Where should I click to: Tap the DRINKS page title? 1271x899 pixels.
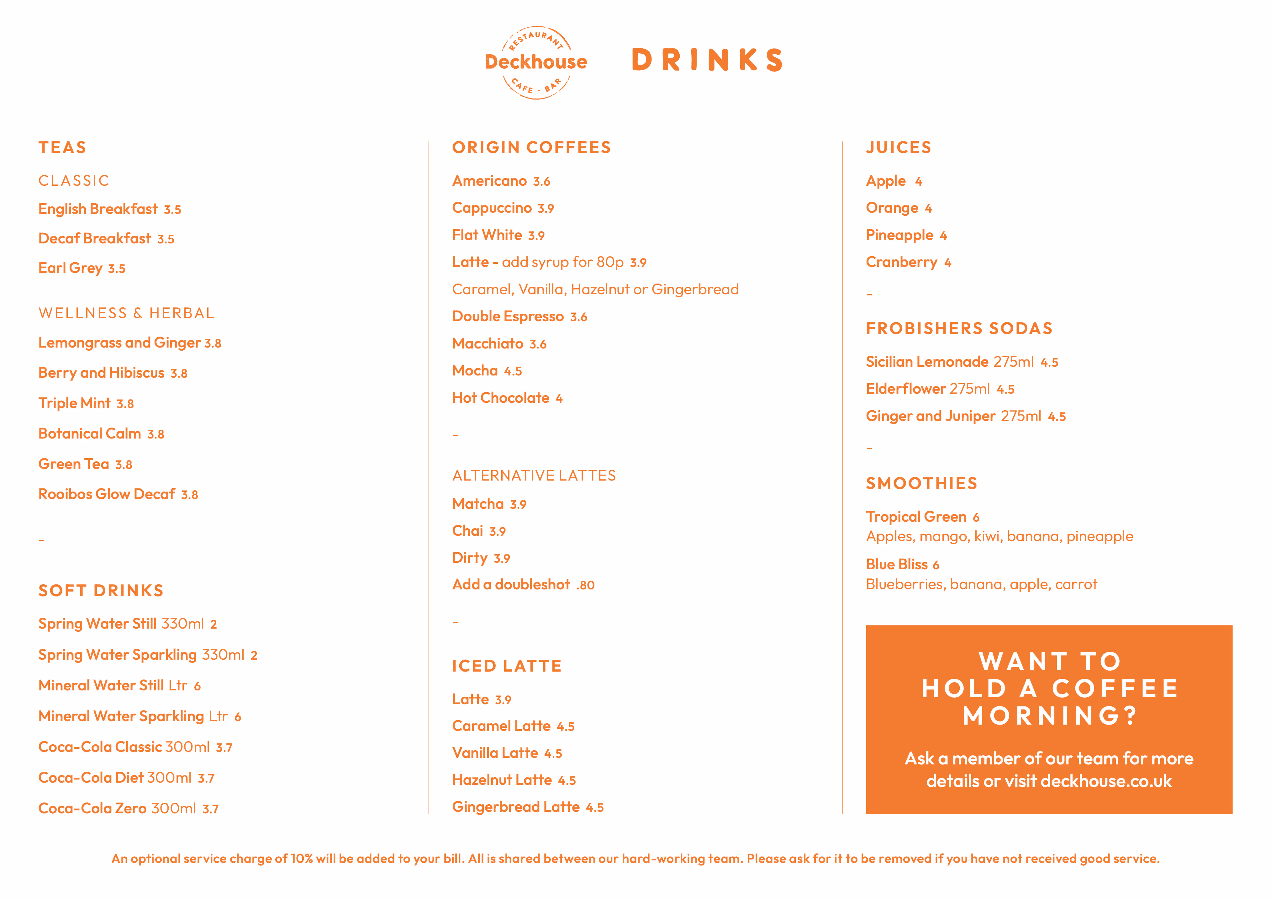click(x=707, y=60)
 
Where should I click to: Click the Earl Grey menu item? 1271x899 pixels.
click(x=70, y=268)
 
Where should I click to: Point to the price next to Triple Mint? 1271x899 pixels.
click(x=125, y=404)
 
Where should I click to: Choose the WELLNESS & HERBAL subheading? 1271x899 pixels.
click(x=126, y=313)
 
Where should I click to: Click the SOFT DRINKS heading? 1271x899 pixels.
click(x=101, y=590)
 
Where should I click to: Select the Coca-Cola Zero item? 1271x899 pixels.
click(x=92, y=809)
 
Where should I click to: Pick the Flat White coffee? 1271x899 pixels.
click(x=487, y=235)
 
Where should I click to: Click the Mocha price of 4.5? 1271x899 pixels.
click(x=513, y=371)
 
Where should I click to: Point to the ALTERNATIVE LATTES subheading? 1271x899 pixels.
click(x=534, y=475)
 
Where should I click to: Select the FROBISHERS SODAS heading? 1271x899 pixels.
click(x=959, y=328)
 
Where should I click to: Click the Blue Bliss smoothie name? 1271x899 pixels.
click(x=897, y=564)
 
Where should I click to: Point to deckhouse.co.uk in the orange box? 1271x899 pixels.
click(x=1105, y=781)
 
